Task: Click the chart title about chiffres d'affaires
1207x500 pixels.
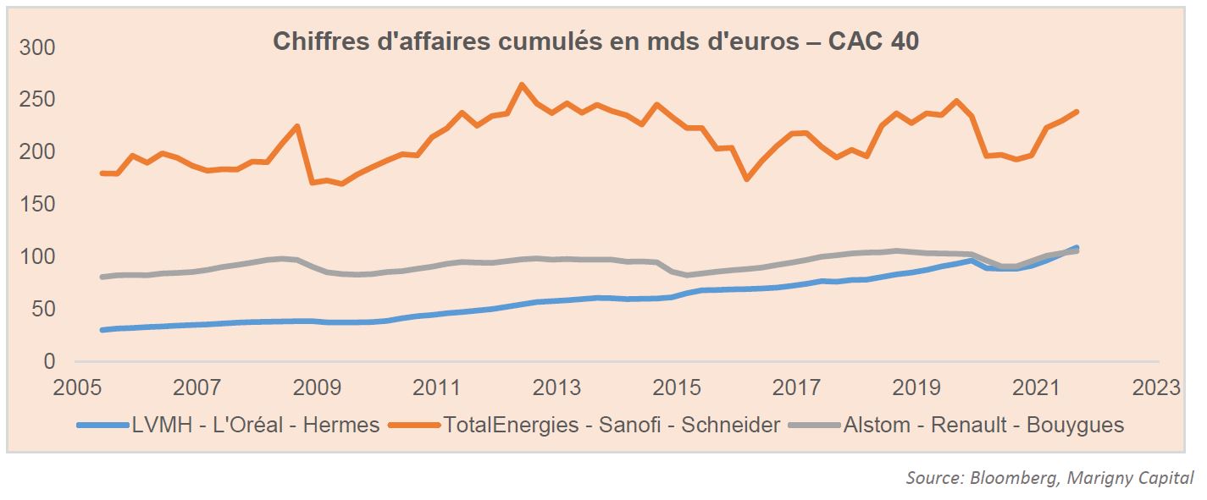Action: pos(595,41)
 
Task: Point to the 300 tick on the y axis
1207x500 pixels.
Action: pos(36,47)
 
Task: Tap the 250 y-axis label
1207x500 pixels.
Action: pos(36,100)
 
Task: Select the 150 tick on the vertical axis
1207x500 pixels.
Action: pos(36,205)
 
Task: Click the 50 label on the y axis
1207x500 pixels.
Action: pos(42,310)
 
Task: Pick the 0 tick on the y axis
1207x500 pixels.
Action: pos(48,362)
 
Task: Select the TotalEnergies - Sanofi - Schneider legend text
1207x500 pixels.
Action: pos(611,425)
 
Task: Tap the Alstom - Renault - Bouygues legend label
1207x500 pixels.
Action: pos(983,425)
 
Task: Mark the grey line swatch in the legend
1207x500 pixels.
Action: pos(813,425)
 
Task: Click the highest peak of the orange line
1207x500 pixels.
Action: pos(521,85)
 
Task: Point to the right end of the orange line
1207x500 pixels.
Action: pos(1076,112)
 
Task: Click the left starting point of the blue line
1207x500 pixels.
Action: pos(102,330)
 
